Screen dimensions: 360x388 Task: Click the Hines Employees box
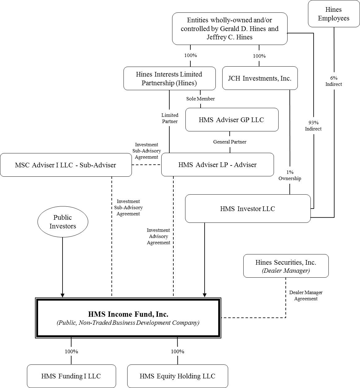pyautogui.click(x=334, y=14)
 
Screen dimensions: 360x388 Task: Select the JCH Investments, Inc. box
pyautogui.click(x=260, y=78)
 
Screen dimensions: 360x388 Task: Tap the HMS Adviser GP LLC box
pyautogui.click(x=232, y=120)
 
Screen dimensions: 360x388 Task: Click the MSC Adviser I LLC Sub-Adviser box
pyautogui.click(x=66, y=165)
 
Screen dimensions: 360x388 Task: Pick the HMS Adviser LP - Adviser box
pyautogui.click(x=218, y=165)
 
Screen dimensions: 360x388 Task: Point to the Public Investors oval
pyautogui.click(x=63, y=222)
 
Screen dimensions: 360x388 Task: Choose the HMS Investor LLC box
pyautogui.click(x=248, y=209)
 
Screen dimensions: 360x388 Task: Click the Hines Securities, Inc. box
pyautogui.click(x=286, y=266)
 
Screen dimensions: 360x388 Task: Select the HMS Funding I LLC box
pyautogui.click(x=71, y=376)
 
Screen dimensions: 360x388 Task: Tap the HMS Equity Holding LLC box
pyautogui.click(x=177, y=376)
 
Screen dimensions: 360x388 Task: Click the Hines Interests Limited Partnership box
pyautogui.click(x=169, y=78)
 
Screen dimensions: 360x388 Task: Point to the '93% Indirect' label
pyautogui.click(x=313, y=126)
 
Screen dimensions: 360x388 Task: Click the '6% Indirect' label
pyautogui.click(x=334, y=81)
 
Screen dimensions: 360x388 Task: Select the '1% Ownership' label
pyautogui.click(x=290, y=175)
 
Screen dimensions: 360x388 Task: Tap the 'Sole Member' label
pyautogui.click(x=201, y=99)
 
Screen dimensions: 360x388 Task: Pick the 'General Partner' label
pyautogui.click(x=230, y=142)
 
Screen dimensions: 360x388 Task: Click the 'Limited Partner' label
pyautogui.click(x=170, y=118)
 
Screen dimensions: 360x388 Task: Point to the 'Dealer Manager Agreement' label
pyautogui.click(x=306, y=295)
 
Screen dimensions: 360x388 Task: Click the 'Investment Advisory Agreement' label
pyautogui.click(x=158, y=236)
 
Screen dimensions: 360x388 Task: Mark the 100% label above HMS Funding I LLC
pyautogui.click(x=72, y=351)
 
